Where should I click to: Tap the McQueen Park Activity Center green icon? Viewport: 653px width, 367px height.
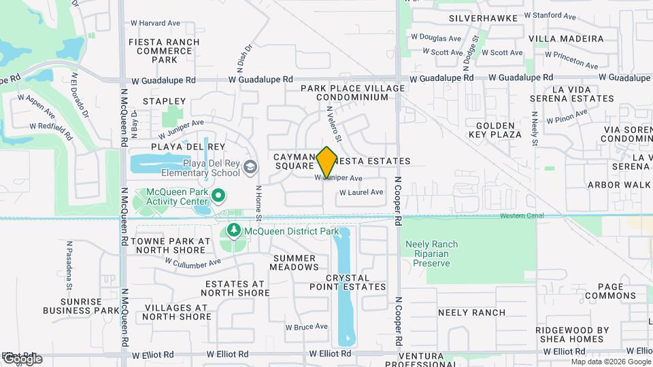(x=218, y=196)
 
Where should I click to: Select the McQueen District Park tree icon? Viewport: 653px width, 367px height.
(x=234, y=232)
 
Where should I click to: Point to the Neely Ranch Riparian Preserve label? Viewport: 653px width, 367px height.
(x=431, y=254)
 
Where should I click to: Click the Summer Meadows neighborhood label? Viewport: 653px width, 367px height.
(x=295, y=262)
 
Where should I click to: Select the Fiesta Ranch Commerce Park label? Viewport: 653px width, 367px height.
(x=165, y=51)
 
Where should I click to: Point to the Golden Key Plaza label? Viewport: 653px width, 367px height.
(x=495, y=130)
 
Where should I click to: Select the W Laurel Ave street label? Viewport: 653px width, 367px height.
(x=361, y=192)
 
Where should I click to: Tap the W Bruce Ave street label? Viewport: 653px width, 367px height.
(x=306, y=327)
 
